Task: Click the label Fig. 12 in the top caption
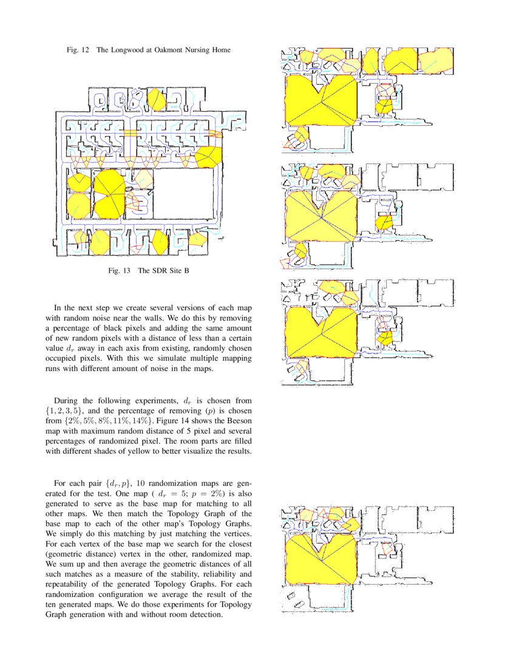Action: (78, 50)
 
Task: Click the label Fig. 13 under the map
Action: (120, 270)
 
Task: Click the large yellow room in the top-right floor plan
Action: (319, 100)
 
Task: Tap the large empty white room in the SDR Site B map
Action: (185, 194)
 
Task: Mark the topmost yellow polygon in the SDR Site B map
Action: (157, 99)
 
